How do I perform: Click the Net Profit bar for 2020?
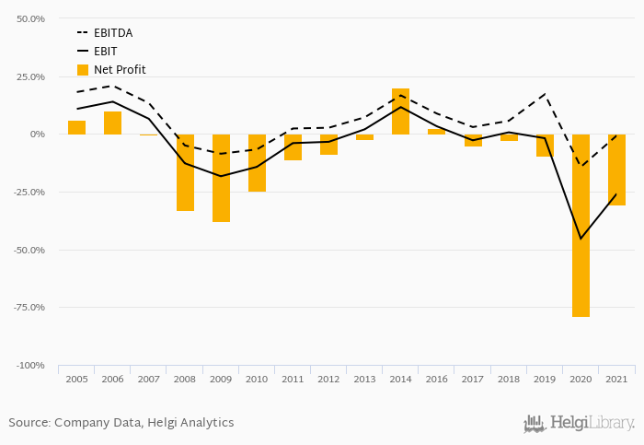click(x=581, y=226)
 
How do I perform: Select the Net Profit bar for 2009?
click(x=221, y=178)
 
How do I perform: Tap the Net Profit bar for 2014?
click(x=400, y=111)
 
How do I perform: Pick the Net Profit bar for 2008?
click(x=185, y=172)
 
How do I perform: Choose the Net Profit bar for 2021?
click(x=616, y=170)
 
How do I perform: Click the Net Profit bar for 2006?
click(x=112, y=123)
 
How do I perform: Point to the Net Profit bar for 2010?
click(x=257, y=163)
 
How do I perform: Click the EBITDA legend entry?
click(x=113, y=33)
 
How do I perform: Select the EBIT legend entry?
click(x=105, y=52)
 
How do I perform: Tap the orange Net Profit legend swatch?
click(x=83, y=70)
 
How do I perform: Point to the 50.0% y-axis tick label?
click(x=31, y=18)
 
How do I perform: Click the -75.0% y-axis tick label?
click(x=30, y=308)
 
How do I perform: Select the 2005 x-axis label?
click(x=76, y=379)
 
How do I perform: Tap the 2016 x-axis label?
click(x=436, y=379)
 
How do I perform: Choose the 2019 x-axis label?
click(x=545, y=379)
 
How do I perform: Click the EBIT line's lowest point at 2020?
click(x=581, y=239)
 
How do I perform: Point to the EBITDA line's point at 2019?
click(x=545, y=94)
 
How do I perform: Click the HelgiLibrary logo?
click(x=579, y=424)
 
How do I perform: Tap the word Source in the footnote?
click(x=29, y=423)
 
